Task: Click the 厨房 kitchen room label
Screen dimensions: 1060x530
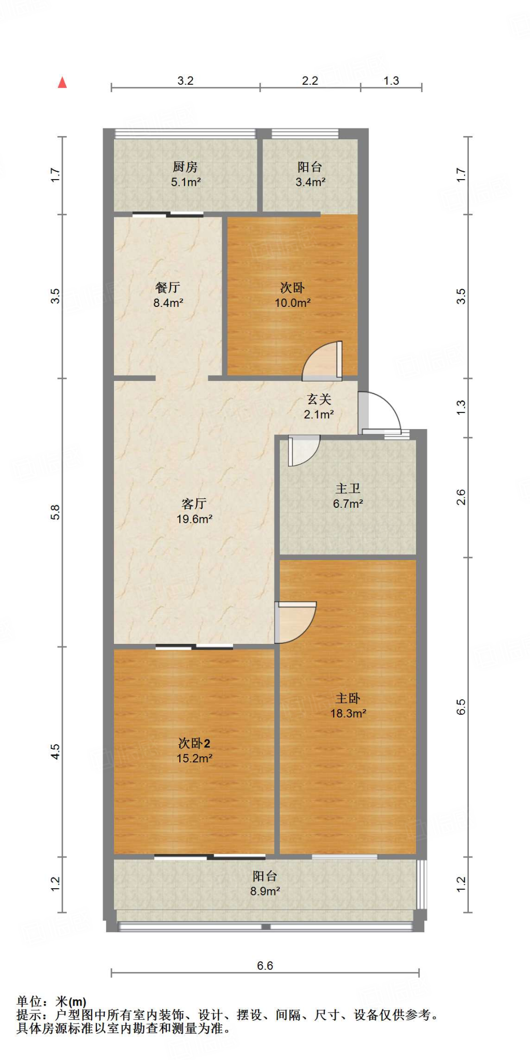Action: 185,167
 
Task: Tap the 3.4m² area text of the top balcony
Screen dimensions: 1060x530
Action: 310,182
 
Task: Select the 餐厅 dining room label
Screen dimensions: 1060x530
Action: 167,288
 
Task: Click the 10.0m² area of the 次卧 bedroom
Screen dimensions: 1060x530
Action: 292,303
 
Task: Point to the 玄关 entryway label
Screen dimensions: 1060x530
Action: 319,399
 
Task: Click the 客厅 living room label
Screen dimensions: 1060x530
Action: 194,504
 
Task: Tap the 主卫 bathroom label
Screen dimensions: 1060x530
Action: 348,489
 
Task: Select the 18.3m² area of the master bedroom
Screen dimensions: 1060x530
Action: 348,714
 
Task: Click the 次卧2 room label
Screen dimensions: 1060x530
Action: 194,744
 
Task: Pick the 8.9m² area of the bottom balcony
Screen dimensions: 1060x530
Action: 265,891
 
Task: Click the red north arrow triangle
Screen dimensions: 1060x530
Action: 62,82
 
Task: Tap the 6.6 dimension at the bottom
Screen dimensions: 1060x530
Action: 265,966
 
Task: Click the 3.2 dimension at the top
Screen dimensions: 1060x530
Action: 185,81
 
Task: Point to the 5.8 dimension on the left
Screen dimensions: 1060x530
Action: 55,512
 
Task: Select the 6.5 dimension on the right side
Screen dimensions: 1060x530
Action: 461,706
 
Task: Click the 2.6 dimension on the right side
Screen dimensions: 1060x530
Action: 461,497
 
